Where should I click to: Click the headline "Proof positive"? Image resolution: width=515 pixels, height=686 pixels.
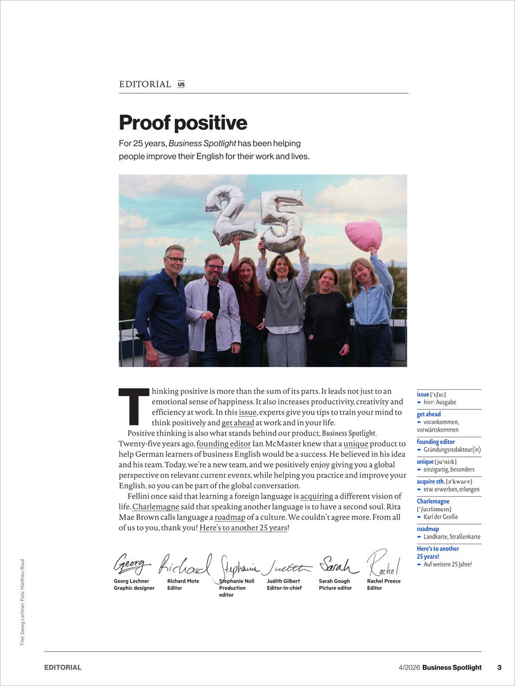(183, 123)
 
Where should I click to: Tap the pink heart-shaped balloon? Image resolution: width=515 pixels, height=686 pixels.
(363, 234)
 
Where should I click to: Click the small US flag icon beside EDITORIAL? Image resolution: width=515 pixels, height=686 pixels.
(181, 84)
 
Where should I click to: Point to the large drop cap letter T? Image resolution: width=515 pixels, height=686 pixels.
(133, 406)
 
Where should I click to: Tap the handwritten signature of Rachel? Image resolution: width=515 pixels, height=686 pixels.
(383, 563)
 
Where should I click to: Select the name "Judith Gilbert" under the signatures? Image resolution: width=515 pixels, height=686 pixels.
(283, 581)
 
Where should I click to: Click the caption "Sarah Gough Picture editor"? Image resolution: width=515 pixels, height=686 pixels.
(335, 584)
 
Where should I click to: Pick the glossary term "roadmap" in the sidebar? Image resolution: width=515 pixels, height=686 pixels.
(428, 529)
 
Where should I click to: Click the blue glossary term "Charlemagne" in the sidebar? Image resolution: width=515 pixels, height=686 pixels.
(433, 501)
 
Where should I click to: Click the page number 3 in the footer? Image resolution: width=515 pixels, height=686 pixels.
(499, 667)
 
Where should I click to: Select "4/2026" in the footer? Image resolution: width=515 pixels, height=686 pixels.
(409, 667)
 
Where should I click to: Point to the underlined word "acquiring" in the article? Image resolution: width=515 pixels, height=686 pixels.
(316, 496)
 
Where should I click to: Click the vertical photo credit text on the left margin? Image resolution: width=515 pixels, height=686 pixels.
(22, 602)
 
